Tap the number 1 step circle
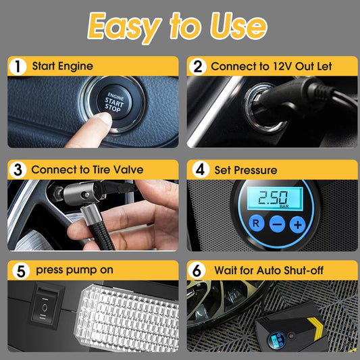(16, 66)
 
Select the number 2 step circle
(197, 66)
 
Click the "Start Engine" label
(61, 66)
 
